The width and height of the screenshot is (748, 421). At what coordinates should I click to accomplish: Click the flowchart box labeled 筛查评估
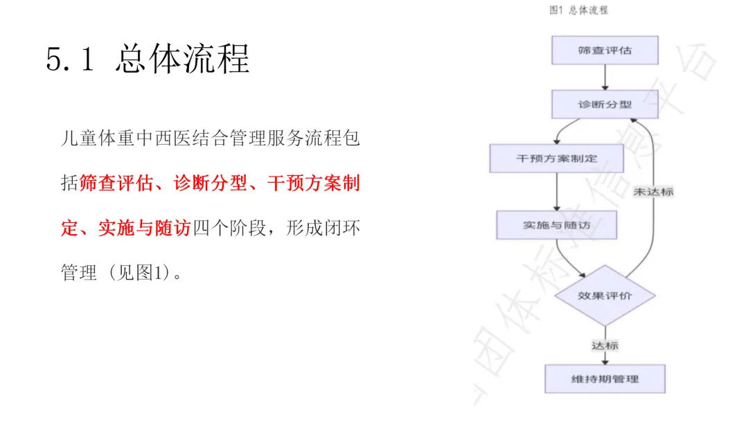(x=605, y=51)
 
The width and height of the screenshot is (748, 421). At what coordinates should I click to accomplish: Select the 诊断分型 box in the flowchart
(x=605, y=105)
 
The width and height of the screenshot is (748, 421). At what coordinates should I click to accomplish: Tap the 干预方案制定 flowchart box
(x=556, y=158)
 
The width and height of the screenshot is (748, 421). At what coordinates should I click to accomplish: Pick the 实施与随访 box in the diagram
(x=556, y=225)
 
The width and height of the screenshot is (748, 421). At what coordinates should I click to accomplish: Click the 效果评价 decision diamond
(x=605, y=296)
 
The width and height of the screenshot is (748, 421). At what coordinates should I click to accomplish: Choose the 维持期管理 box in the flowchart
(x=605, y=379)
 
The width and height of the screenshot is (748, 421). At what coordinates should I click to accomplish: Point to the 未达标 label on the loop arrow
(x=653, y=192)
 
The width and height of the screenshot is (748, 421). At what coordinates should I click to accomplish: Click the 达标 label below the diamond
(x=605, y=345)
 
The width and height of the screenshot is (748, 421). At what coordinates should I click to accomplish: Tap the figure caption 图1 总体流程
(x=578, y=10)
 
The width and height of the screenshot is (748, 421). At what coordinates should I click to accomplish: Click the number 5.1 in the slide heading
(x=69, y=60)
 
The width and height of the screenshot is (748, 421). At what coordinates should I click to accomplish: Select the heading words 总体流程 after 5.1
(x=183, y=60)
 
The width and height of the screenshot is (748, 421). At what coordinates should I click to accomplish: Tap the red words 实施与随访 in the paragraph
(x=143, y=228)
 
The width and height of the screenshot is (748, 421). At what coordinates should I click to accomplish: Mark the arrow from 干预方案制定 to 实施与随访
(x=556, y=192)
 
